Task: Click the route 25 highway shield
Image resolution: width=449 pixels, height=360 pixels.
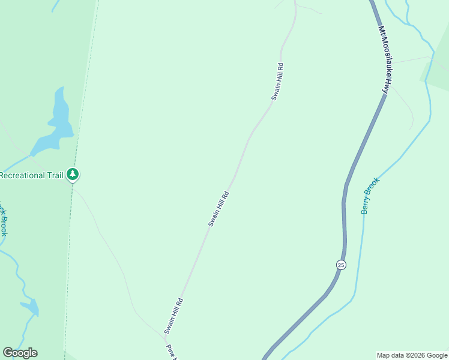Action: pyautogui.click(x=340, y=265)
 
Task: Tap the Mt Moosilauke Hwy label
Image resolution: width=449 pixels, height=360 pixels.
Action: pyautogui.click(x=383, y=59)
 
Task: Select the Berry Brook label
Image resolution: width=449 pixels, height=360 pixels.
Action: pyautogui.click(x=370, y=196)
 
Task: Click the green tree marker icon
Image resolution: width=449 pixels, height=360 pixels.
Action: pyautogui.click(x=73, y=175)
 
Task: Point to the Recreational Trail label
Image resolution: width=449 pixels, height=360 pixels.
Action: pyautogui.click(x=31, y=175)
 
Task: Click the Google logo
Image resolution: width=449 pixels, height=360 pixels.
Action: pyautogui.click(x=20, y=353)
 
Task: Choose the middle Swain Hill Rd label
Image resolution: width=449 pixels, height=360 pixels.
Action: pyautogui.click(x=218, y=209)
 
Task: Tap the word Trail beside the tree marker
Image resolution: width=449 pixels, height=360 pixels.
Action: pyautogui.click(x=53, y=175)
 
